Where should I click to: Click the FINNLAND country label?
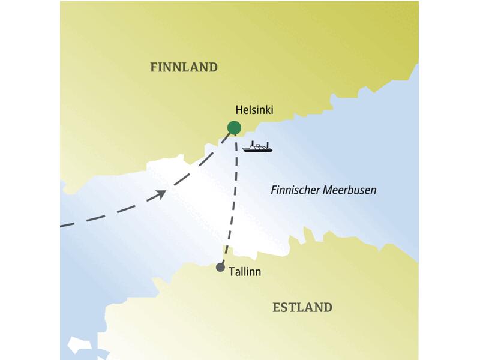(184, 67)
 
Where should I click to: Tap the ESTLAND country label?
(302, 308)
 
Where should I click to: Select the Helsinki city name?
(255, 110)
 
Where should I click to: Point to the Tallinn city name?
(245, 272)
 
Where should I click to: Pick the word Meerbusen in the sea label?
(350, 190)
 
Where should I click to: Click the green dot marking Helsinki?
(234, 127)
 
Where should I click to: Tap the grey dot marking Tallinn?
(220, 268)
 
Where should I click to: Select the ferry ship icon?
(257, 147)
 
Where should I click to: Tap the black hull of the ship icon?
(257, 149)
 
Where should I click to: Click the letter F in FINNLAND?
(154, 67)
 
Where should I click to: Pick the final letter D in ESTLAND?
(327, 308)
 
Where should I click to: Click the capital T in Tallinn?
(232, 272)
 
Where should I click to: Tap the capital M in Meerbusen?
(328, 190)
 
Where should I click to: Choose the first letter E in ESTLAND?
(277, 308)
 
